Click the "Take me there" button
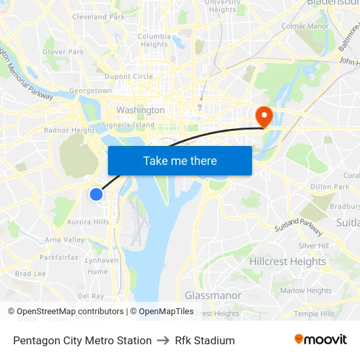coord(180,160)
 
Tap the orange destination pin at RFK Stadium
coord(264,116)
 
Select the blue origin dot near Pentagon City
coord(96,194)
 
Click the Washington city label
coord(140,110)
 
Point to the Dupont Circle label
coord(130,77)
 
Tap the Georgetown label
coord(91,90)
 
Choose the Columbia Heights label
coord(154,41)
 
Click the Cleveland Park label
coord(99,17)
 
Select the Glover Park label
coord(63,52)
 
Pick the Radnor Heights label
coord(71,130)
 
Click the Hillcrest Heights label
coord(287,261)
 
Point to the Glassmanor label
coord(213,295)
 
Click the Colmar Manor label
coord(304,26)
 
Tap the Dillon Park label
coord(330,187)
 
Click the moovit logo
coord(321,339)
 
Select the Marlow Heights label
coord(306,291)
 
